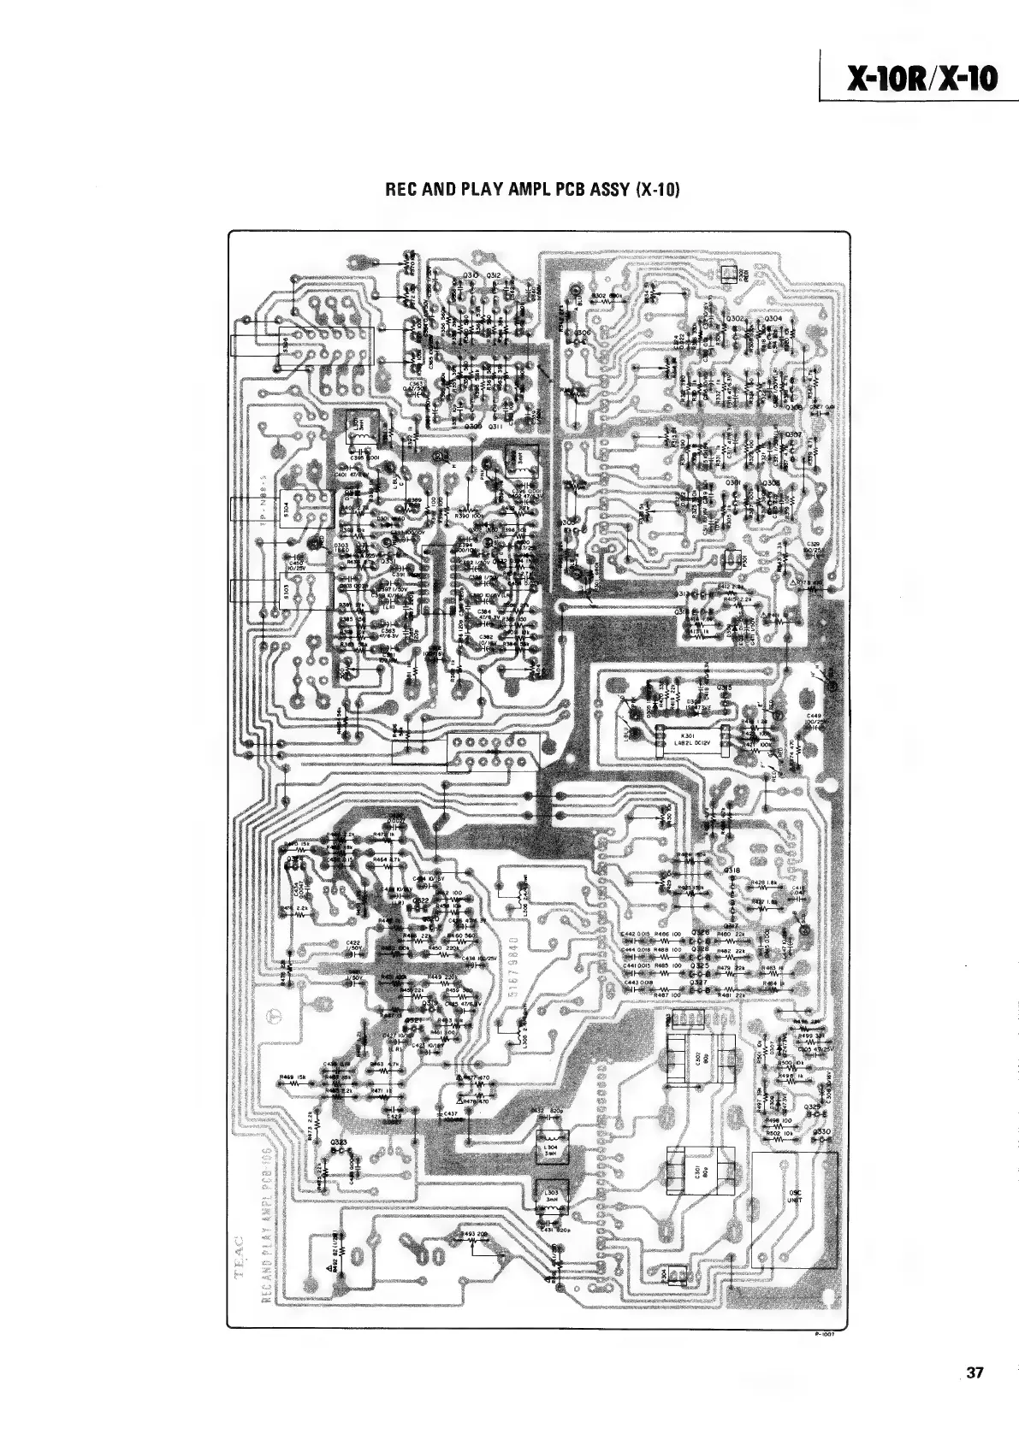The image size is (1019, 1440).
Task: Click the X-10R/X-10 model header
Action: pyautogui.click(x=921, y=79)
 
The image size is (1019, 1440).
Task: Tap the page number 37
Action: pyautogui.click(x=975, y=1396)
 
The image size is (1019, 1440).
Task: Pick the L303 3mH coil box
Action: pyautogui.click(x=545, y=1195)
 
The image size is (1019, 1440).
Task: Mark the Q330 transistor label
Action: pyautogui.click(x=822, y=1131)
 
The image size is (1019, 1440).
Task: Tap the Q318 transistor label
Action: pyautogui.click(x=732, y=870)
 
